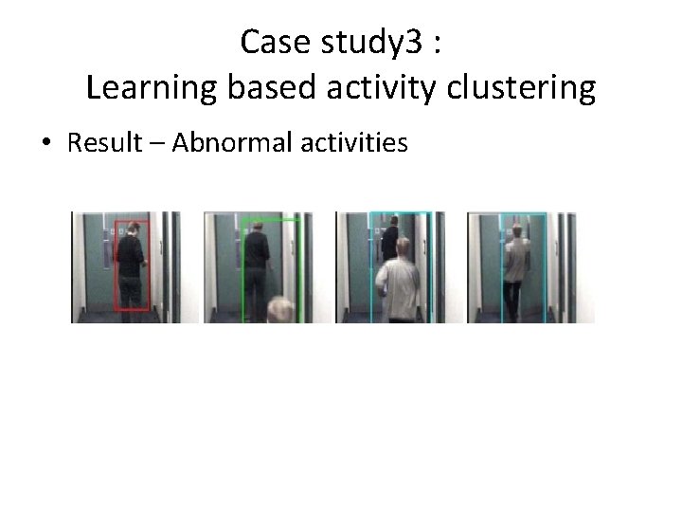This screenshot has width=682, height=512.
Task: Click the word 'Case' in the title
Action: pos(268,42)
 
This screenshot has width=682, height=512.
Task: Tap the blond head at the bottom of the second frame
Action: pos(281,309)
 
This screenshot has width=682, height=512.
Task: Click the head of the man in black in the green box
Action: pos(255,227)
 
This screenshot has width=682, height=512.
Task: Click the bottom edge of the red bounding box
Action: pos(132,309)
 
